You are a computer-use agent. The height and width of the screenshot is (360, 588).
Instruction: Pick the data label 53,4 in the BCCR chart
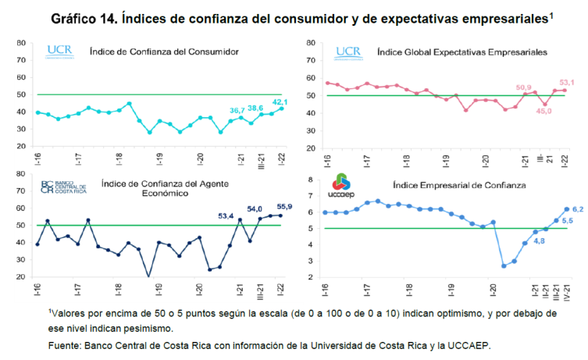(225, 215)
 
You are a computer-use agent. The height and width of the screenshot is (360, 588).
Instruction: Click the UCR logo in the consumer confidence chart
(59, 52)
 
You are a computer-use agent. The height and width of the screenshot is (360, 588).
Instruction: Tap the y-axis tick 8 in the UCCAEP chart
(311, 180)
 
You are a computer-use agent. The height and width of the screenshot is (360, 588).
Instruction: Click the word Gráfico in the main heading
(79, 17)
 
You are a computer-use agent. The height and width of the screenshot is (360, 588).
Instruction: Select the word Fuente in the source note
(66, 344)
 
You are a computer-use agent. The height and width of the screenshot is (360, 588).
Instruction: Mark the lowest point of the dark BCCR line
(148, 276)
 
